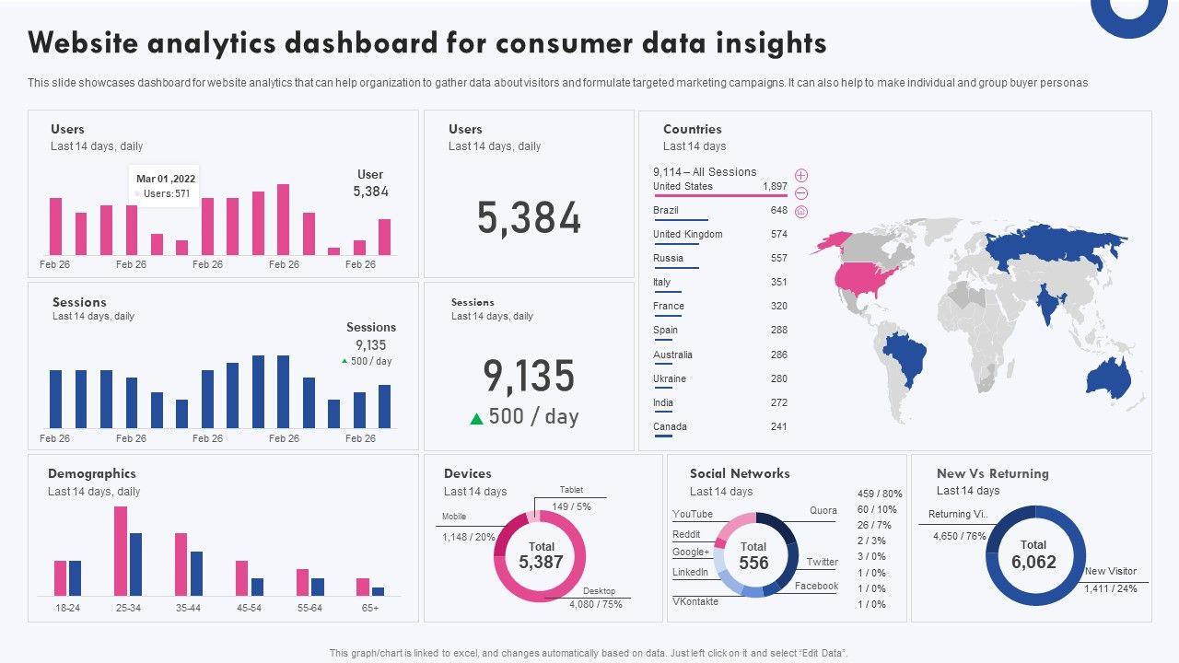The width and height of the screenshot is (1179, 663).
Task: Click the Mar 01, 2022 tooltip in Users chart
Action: [x=165, y=186]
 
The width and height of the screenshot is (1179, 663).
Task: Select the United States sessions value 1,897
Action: [x=775, y=186]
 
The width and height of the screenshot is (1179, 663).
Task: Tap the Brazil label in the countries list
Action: [x=666, y=210]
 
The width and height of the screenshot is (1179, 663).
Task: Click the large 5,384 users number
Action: [x=529, y=218]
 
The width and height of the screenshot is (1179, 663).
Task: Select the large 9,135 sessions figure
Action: [x=529, y=376]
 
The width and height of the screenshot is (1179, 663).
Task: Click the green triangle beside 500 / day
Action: [x=476, y=418]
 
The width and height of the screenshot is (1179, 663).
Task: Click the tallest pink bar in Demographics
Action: [x=121, y=551]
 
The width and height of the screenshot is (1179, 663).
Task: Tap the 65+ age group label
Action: [x=369, y=608]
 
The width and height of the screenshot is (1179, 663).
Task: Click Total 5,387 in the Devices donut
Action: [x=541, y=555]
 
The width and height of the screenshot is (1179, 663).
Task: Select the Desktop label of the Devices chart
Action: [x=599, y=591]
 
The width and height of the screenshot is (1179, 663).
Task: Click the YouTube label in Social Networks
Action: [x=693, y=514]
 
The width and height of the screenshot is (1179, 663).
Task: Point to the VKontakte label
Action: [x=695, y=601]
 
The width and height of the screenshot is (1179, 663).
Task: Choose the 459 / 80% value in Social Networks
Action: [x=880, y=494]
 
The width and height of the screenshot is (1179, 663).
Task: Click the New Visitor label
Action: [x=1111, y=571]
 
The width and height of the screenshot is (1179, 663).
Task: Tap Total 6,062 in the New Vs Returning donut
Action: [x=1033, y=555]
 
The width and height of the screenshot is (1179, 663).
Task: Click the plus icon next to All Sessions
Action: [x=801, y=175]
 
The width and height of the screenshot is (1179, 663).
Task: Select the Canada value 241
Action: [x=779, y=426]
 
